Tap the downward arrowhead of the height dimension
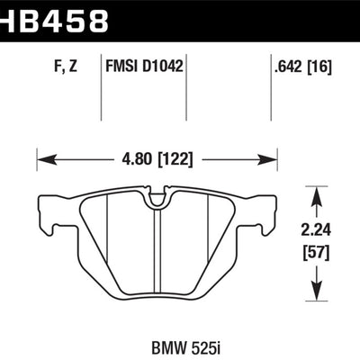[x=313, y=293]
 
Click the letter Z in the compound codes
[x=85, y=64]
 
